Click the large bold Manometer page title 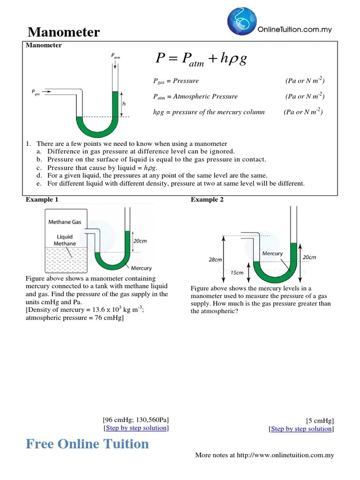[x=64, y=32]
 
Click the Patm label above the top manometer [x=116, y=56]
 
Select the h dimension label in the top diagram [x=124, y=104]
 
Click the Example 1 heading [x=42, y=200]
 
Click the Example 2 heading [x=207, y=200]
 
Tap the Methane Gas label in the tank [x=65, y=222]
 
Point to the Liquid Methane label [x=65, y=240]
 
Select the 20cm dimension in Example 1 [x=140, y=241]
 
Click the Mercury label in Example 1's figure [x=141, y=268]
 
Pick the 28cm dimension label [x=215, y=259]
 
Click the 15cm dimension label [x=237, y=272]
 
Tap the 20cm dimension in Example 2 [x=309, y=257]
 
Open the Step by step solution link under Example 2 [x=301, y=429]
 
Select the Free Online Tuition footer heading [x=87, y=444]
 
